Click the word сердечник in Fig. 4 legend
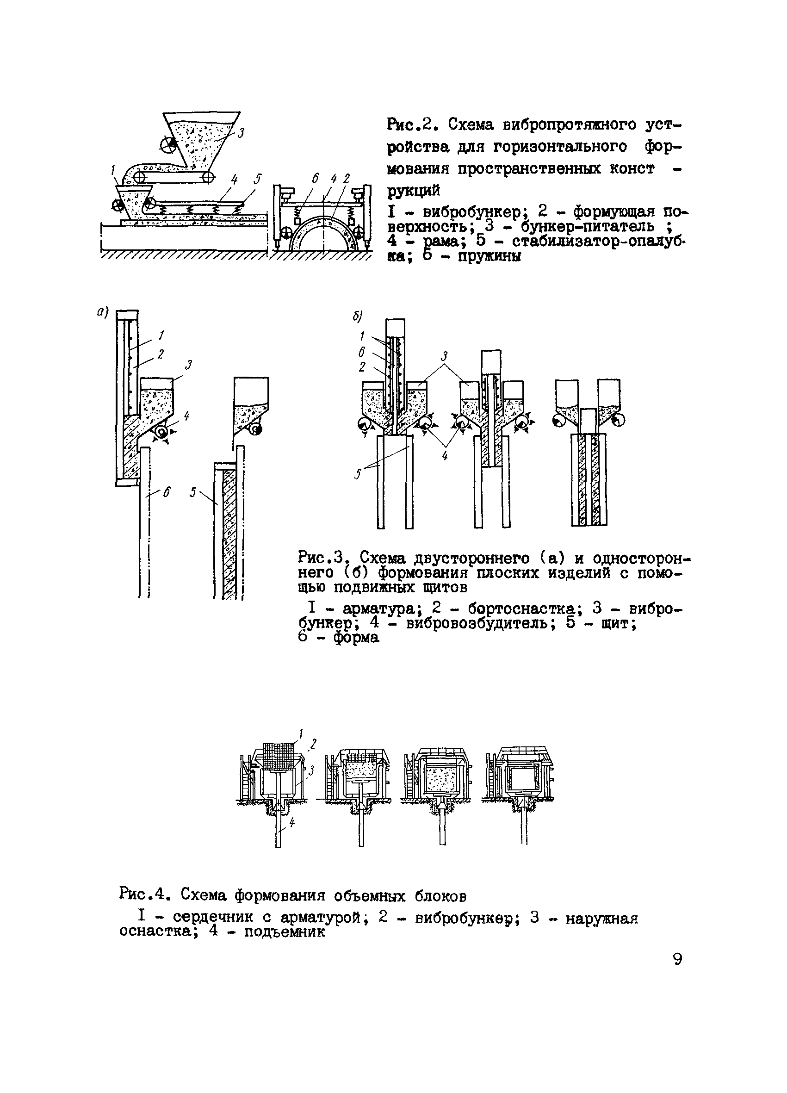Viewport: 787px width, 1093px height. pos(212,918)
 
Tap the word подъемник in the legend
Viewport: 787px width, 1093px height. pos(285,932)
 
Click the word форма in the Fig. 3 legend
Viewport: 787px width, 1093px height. pos(357,637)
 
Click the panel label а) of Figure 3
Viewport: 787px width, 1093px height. pos(102,312)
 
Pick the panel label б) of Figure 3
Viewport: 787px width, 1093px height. pos(357,316)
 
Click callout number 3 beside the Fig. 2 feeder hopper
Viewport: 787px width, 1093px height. pos(241,132)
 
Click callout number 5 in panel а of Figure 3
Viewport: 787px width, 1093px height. pos(193,492)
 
